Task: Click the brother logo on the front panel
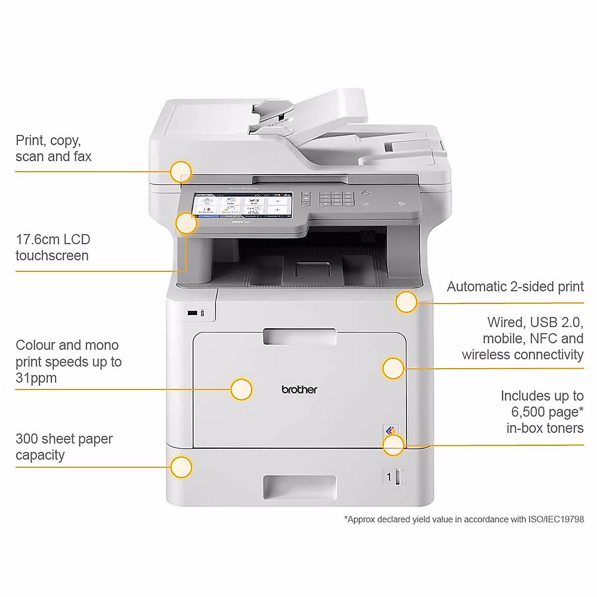(299, 390)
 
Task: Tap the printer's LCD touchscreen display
(243, 205)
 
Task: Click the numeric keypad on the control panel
(336, 199)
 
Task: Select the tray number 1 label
(389, 477)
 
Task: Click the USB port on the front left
(192, 313)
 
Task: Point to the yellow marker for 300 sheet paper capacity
(181, 467)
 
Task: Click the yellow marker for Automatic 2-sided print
(406, 302)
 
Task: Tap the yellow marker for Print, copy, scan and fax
(181, 172)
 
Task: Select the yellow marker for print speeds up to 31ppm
(241, 389)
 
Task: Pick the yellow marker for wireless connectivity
(393, 368)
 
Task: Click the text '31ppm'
(36, 378)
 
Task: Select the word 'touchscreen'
(52, 256)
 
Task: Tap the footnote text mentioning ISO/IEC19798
(464, 519)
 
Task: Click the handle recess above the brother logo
(299, 337)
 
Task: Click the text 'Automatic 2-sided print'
(515, 287)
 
